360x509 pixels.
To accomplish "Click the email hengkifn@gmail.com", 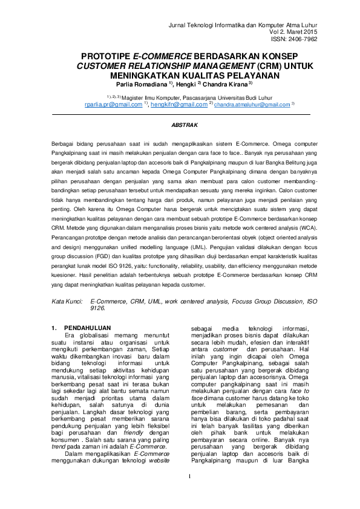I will point(179,105).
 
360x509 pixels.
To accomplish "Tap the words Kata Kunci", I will point(66,300).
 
